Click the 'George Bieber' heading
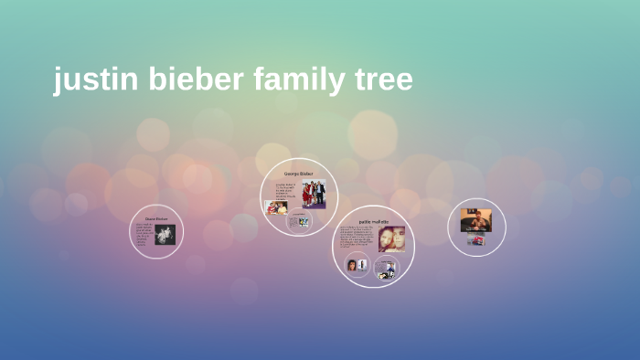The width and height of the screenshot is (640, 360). [298, 174]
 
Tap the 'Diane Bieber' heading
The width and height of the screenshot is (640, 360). [156, 219]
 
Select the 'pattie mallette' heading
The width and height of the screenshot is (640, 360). [373, 222]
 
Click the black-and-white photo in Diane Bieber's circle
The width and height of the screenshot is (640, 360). [165, 235]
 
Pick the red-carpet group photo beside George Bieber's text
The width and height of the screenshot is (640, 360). [314, 193]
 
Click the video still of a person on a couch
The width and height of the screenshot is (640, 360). [475, 220]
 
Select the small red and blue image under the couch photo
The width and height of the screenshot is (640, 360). [475, 239]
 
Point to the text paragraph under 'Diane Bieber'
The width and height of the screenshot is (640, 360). [144, 235]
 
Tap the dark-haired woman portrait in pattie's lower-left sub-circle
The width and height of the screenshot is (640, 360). [352, 265]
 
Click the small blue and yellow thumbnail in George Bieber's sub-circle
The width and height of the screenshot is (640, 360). [299, 221]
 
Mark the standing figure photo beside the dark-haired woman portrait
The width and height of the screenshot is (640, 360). [362, 265]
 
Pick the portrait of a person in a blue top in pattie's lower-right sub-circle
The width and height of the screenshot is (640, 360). [388, 270]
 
